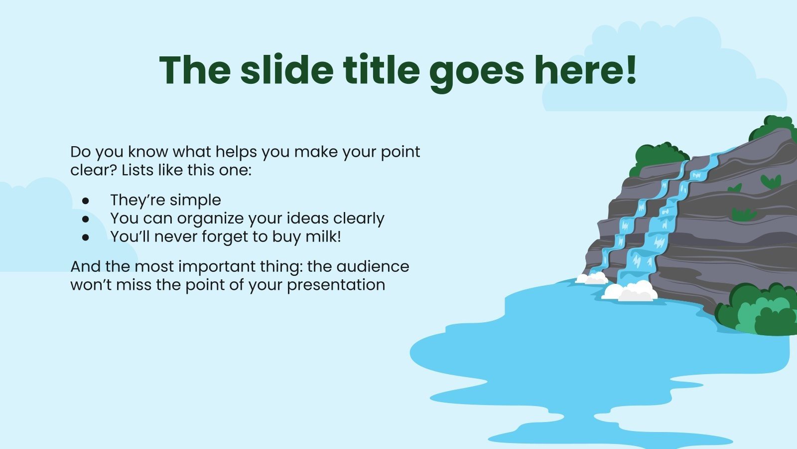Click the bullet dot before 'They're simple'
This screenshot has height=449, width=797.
tap(86, 201)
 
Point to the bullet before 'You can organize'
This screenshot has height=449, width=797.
tap(86, 219)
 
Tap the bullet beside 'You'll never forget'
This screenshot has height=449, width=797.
tap(86, 237)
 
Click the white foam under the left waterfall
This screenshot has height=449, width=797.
tap(592, 278)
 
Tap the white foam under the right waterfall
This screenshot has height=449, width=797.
tap(632, 292)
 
